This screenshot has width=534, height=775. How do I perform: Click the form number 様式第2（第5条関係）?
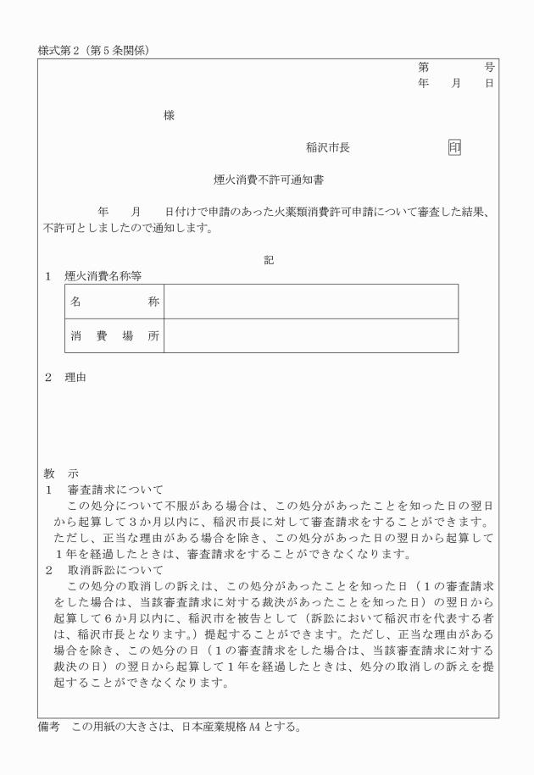94,50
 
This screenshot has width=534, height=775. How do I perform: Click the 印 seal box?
454,147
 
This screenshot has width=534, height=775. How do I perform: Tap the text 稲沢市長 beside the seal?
328,147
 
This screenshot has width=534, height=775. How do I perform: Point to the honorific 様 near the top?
170,116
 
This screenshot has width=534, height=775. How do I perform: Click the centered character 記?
269,260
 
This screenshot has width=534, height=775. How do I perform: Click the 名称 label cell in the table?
114,302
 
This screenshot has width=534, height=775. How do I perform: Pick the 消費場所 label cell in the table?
114,335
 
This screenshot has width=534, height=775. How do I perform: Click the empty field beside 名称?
310,302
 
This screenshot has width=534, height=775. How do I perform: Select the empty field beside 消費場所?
310,335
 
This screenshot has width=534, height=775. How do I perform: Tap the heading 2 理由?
66,377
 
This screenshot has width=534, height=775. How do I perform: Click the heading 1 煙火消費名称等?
93,276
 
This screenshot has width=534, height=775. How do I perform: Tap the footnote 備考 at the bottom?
52,727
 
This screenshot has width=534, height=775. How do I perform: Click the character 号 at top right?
490,66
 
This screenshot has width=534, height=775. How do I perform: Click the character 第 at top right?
423,66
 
